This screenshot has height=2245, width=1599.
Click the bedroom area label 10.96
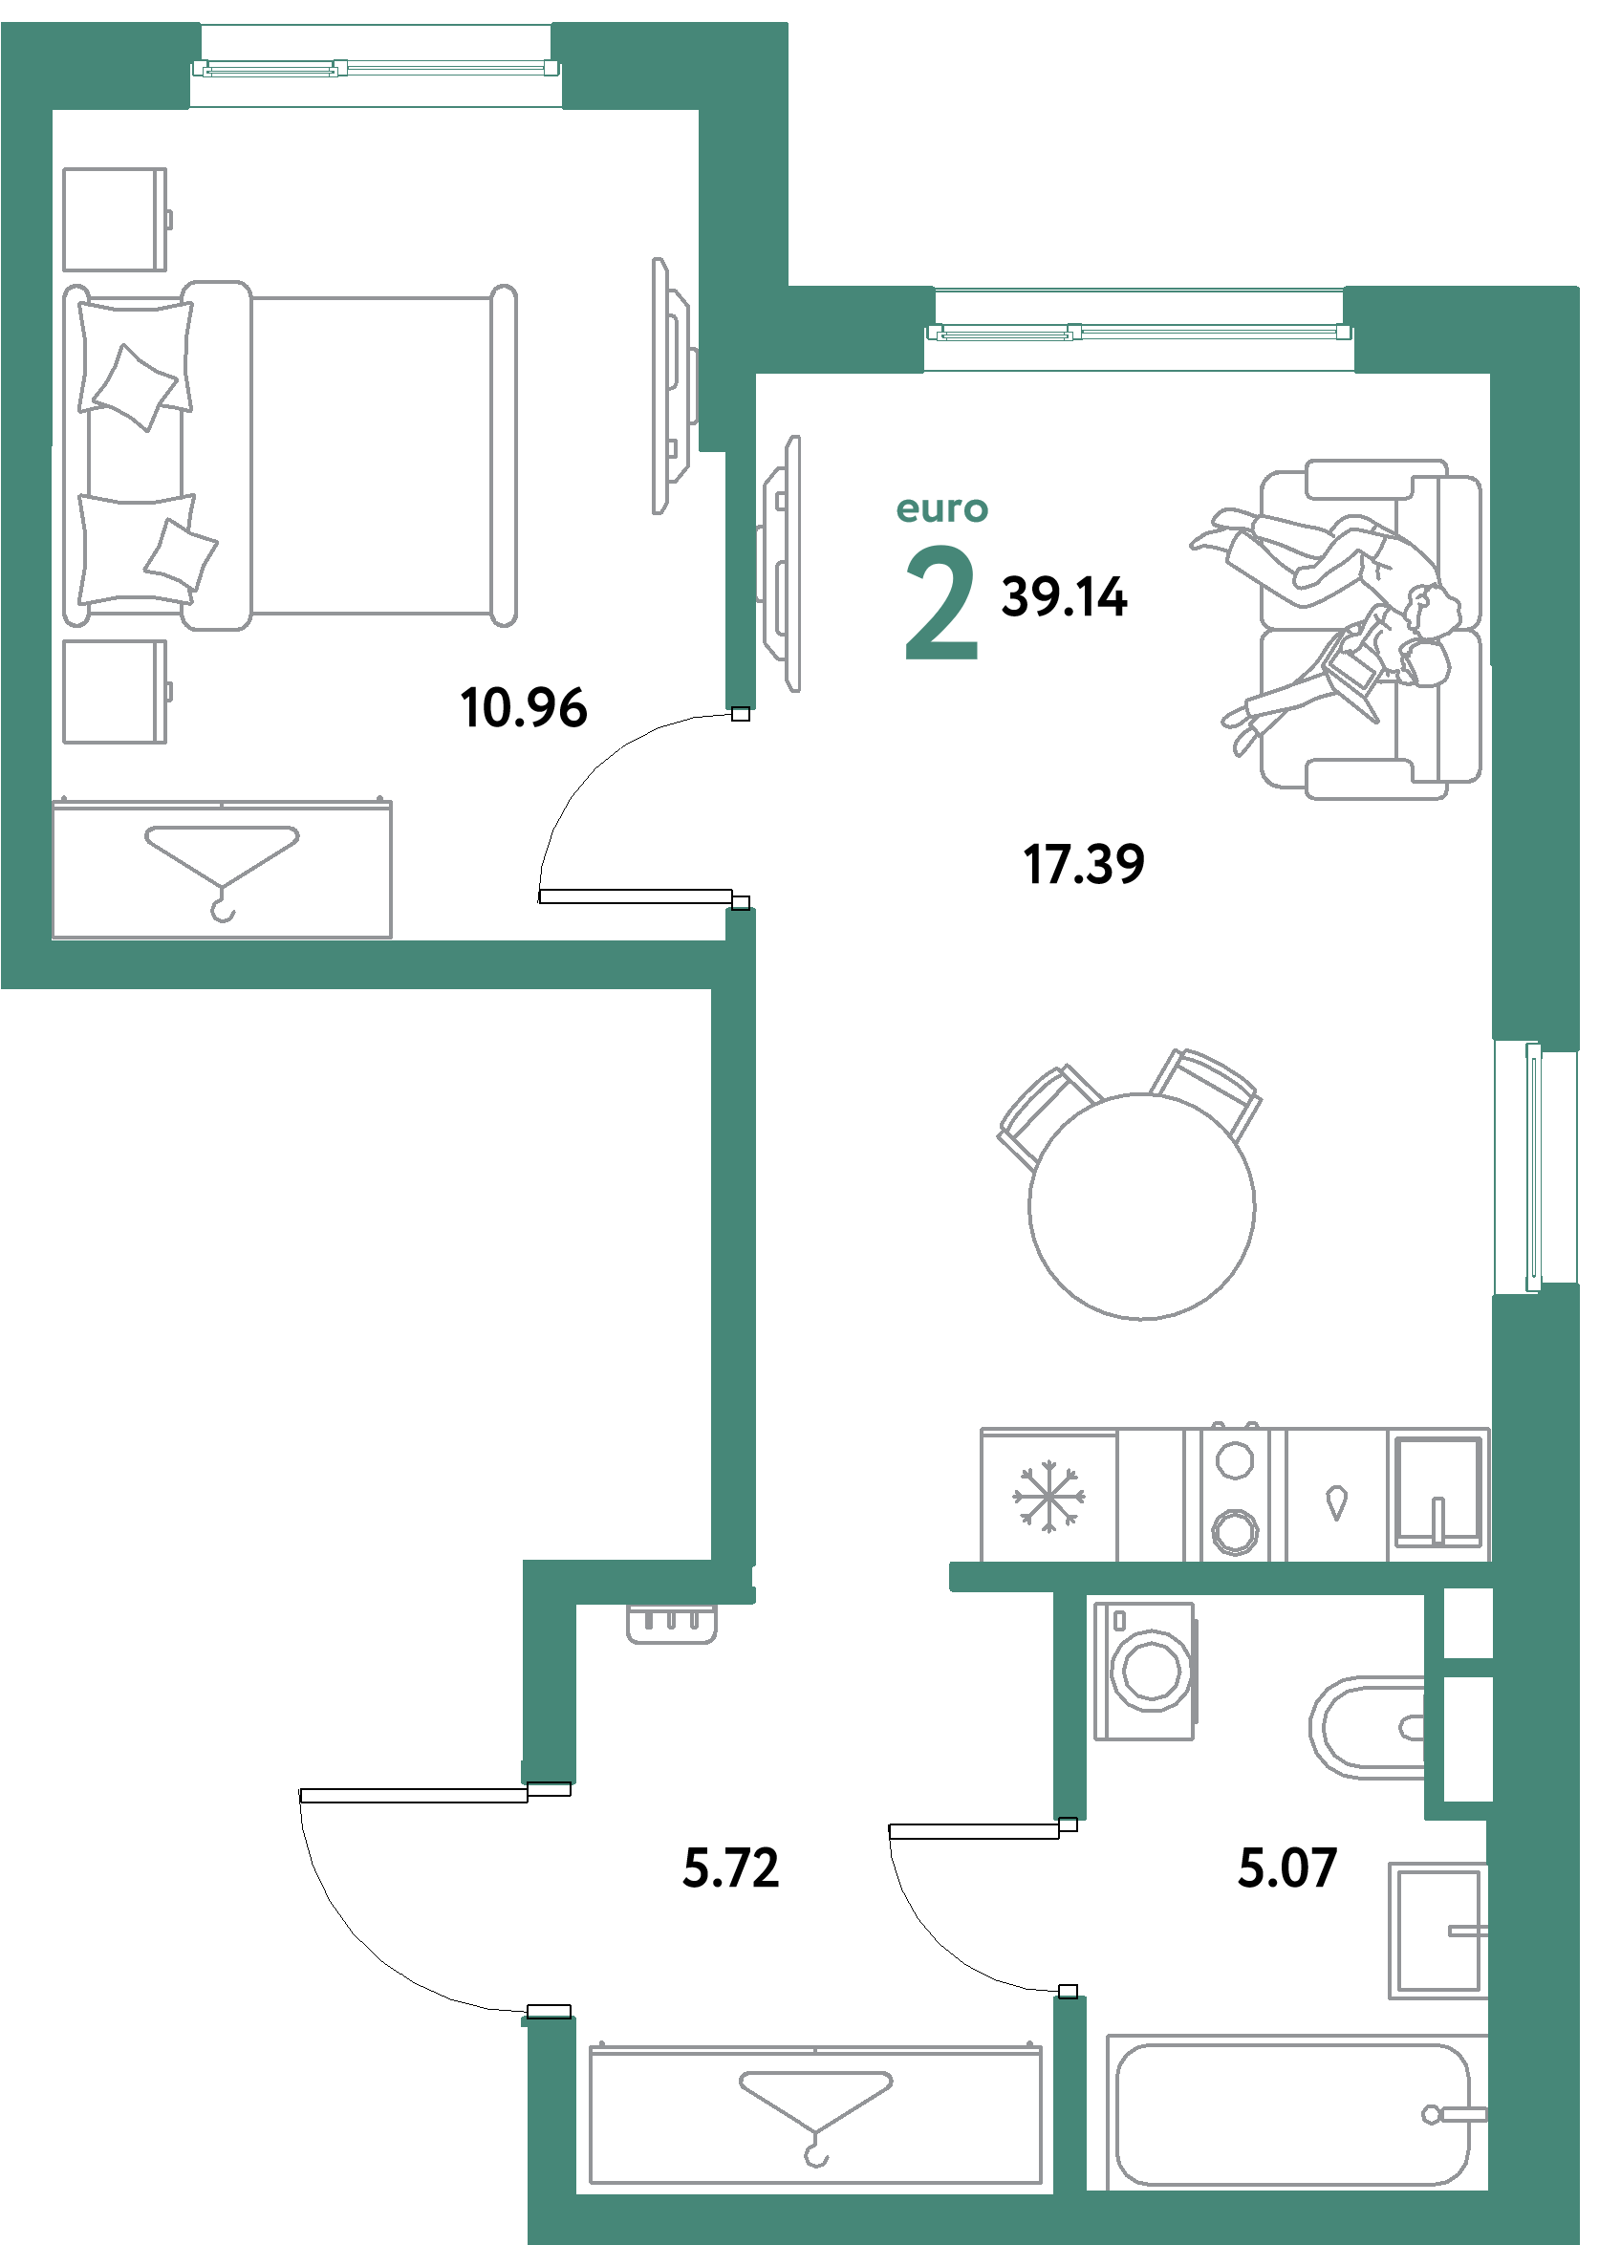pos(523,707)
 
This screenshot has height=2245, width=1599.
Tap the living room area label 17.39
pos(1083,864)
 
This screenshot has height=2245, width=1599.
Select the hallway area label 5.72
pos(730,1867)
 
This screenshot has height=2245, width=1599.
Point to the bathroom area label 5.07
pos(1286,1867)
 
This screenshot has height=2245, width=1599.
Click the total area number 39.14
pos(1064,596)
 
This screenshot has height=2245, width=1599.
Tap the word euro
pos(941,509)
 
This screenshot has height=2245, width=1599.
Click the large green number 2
pos(941,603)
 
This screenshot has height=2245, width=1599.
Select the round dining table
pos(1141,1205)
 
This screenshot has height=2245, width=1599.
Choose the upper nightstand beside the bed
pos(115,219)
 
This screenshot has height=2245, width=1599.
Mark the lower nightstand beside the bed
pos(115,691)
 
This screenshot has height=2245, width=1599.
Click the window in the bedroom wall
pos(375,67)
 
